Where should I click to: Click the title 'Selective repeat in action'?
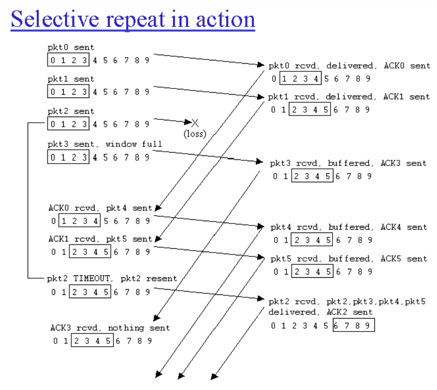[x=133, y=19]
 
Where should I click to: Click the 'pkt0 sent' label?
[x=71, y=47]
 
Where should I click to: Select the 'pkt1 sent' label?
[x=71, y=79]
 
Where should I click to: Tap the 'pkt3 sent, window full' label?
[x=104, y=144]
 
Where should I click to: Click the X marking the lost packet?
[x=194, y=123]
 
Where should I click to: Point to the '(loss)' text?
[x=195, y=134]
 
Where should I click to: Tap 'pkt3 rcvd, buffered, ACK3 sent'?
[x=349, y=163]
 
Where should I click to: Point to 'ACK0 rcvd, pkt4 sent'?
[x=100, y=208]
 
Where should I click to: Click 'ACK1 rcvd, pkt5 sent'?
[x=100, y=239]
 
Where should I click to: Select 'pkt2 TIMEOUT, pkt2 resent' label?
[x=112, y=279]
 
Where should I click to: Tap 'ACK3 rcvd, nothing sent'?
[x=110, y=328]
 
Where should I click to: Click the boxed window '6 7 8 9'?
[x=354, y=326]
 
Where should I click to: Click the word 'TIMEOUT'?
[x=89, y=279]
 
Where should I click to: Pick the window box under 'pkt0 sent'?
[x=68, y=60]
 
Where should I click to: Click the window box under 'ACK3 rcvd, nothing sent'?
[x=92, y=341]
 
